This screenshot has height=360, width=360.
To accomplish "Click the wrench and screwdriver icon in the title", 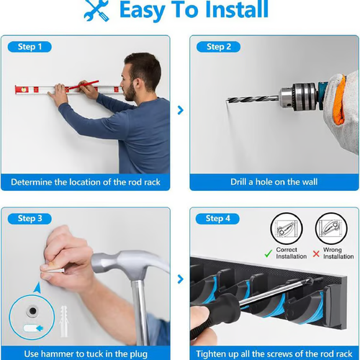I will coord(96,10).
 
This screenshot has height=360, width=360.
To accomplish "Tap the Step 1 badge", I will coord(30,47).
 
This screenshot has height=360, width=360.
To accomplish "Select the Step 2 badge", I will coord(218,47).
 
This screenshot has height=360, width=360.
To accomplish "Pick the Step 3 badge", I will coord(30,218).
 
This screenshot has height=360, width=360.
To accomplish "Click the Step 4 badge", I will coord(218,218).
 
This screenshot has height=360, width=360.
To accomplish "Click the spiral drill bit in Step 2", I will coord(252,99).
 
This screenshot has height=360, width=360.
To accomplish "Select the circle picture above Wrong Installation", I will coord(332,228).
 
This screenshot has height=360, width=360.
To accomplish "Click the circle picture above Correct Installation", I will coord(287,228).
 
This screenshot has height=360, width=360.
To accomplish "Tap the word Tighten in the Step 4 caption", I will coord(215,353).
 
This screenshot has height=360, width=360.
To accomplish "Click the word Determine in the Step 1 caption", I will coord(34,182).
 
